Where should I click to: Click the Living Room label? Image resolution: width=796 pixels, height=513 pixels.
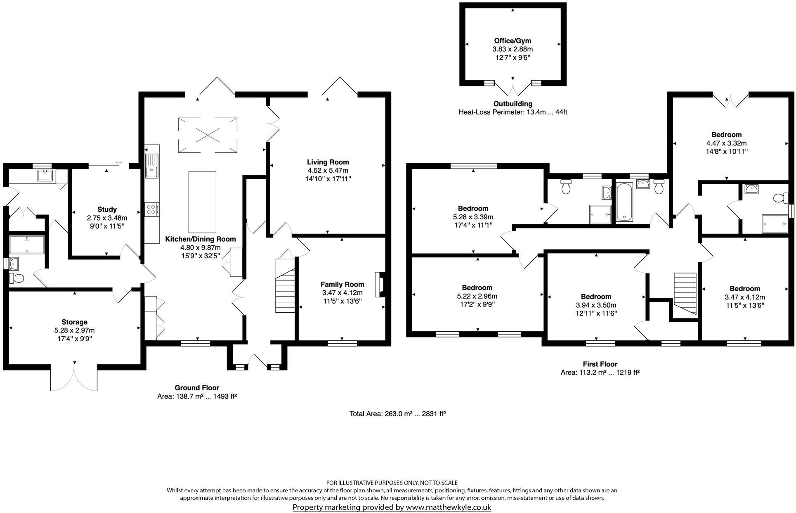click(328, 162)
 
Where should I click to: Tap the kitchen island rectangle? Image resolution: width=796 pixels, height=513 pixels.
click(202, 202)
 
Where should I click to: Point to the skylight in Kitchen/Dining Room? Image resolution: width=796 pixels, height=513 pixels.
click(208, 135)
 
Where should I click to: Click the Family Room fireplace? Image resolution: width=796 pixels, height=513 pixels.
click(379, 285)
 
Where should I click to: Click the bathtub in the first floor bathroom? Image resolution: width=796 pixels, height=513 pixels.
click(626, 202)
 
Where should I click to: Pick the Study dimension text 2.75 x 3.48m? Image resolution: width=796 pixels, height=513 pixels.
click(107, 218)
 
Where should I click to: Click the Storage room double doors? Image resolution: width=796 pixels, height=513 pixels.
click(74, 377)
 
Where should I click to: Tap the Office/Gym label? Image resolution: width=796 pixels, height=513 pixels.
click(513, 40)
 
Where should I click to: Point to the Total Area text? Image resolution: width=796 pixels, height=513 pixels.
click(397, 413)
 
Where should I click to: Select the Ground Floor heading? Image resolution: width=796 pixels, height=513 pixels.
click(197, 387)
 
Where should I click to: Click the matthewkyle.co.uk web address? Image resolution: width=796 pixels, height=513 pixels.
click(448, 507)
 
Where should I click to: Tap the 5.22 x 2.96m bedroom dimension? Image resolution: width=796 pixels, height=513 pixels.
click(477, 296)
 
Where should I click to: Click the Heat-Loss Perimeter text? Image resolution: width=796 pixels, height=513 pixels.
click(513, 112)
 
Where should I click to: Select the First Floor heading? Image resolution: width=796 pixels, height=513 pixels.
click(600, 364)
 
